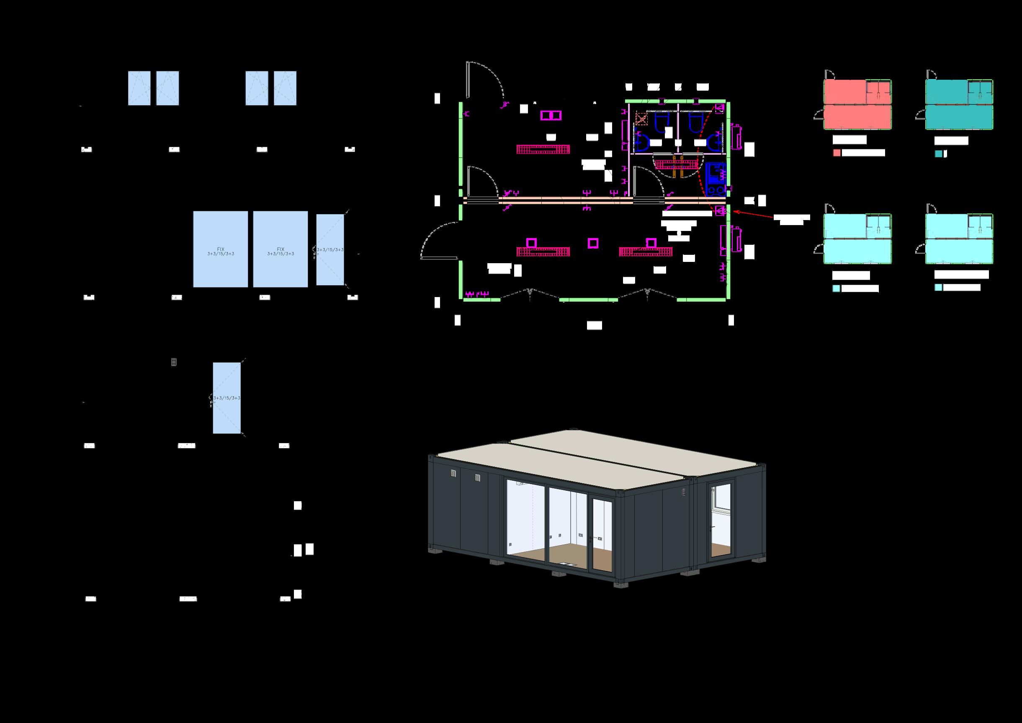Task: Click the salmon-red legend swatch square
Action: [x=837, y=153]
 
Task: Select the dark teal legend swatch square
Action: [x=938, y=154]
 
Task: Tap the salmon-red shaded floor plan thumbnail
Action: [x=857, y=105]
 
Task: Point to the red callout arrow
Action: [x=753, y=215]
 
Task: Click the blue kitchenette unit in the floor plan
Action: [x=716, y=179]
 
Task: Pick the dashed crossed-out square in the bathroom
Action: [x=641, y=118]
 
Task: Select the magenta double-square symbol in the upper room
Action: [x=551, y=116]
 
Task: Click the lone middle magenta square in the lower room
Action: [x=592, y=243]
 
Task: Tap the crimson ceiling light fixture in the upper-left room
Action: [x=543, y=149]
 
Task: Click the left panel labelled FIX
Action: [x=221, y=249]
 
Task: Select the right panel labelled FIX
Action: [x=280, y=249]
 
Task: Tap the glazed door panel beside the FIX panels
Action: [x=330, y=250]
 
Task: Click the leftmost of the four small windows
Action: [x=139, y=88]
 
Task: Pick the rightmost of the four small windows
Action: [x=285, y=88]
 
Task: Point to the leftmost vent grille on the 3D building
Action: [x=453, y=473]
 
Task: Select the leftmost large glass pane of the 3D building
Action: [x=525, y=522]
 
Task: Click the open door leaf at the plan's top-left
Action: [x=468, y=80]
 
